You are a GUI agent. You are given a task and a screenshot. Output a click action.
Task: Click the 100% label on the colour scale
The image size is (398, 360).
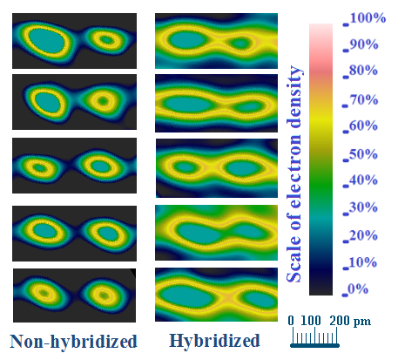point(368,18)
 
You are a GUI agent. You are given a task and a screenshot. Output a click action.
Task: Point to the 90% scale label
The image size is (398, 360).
point(364,44)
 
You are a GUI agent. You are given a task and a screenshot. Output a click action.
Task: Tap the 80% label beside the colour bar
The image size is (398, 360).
point(364,71)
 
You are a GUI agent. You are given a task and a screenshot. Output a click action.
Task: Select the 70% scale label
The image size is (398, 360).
point(364,100)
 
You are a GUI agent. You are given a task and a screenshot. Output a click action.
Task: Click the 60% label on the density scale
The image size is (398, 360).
point(364,126)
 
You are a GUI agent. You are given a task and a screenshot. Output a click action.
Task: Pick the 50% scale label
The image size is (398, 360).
point(364,154)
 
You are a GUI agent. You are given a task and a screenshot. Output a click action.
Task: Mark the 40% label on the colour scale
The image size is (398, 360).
point(364,180)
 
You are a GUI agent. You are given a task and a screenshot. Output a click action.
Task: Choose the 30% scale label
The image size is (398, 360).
point(364,207)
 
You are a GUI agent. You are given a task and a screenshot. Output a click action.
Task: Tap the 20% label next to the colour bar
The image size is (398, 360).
point(364,235)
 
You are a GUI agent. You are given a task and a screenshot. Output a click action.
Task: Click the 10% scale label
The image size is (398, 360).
point(363,262)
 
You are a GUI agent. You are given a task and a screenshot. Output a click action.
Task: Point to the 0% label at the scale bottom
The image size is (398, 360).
point(358,289)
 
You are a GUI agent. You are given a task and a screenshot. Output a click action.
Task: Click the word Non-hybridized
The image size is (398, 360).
point(73,342)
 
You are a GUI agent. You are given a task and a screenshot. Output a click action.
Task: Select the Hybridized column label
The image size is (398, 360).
point(214,342)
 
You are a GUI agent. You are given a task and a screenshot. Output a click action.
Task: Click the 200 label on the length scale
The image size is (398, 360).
point(340,321)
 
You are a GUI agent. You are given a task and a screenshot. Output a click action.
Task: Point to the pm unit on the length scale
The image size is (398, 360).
point(362,322)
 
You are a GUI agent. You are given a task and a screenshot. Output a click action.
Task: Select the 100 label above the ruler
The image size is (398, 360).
point(311,321)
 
